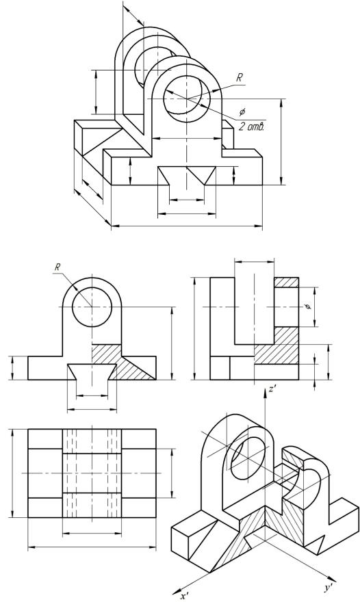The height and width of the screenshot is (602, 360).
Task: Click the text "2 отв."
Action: [x=251, y=127]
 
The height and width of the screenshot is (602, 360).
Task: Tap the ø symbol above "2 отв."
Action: [x=242, y=112]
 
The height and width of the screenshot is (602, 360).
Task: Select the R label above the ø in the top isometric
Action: [x=239, y=78]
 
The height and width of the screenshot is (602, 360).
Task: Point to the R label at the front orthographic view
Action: [x=57, y=267]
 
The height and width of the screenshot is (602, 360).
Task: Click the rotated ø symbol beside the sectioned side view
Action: [x=307, y=306]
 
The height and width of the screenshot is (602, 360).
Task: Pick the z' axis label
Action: [x=272, y=389]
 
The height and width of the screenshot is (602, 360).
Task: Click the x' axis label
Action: [x=185, y=596]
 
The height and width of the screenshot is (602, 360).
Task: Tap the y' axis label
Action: [x=328, y=588]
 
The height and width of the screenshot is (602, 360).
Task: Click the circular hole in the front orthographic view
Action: [x=92, y=307]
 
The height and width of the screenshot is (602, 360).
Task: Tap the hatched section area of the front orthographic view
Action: [x=123, y=362]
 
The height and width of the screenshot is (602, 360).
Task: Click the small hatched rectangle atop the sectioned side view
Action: [x=286, y=282]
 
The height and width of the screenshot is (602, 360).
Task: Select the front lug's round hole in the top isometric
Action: [x=187, y=99]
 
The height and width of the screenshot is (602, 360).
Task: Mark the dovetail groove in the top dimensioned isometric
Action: [x=187, y=176]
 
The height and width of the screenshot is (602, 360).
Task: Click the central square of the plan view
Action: [x=92, y=473]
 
